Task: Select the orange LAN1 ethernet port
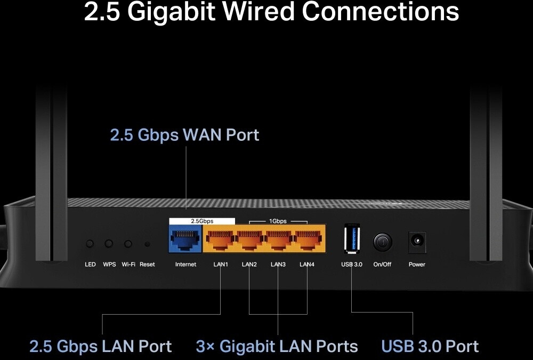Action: click(220, 239)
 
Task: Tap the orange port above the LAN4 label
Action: click(308, 239)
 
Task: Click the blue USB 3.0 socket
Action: click(352, 238)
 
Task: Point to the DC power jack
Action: click(417, 242)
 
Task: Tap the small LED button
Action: click(90, 244)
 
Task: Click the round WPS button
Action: click(109, 244)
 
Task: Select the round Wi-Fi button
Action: click(128, 244)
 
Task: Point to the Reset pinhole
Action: click(147, 244)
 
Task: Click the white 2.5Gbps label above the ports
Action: click(202, 221)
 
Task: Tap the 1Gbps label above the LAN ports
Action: click(278, 221)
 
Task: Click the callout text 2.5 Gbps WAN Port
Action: click(184, 135)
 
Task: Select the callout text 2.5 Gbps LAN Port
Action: click(101, 346)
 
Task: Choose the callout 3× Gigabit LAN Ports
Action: click(277, 346)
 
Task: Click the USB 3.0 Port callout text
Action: click(430, 346)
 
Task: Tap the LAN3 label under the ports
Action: click(278, 265)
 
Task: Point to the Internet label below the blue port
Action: click(185, 265)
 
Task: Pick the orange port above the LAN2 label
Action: click(249, 239)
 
